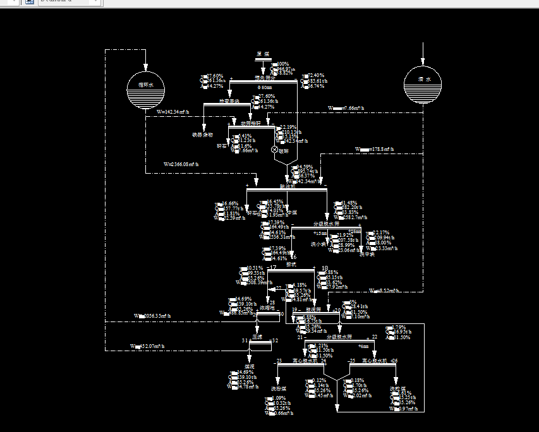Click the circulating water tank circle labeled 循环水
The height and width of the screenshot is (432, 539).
[145, 90]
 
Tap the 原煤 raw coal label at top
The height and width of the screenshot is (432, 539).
[263, 54]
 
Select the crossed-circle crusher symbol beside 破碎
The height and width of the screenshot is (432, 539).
[274, 150]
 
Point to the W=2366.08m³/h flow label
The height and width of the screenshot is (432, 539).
[181, 164]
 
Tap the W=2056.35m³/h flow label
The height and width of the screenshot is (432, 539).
[152, 315]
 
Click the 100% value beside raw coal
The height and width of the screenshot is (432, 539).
[282, 64]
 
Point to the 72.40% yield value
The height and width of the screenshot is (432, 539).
[316, 76]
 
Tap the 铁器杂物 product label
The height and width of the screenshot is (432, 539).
[202, 135]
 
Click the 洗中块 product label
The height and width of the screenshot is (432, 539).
[367, 255]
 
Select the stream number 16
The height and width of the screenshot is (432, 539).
[293, 257]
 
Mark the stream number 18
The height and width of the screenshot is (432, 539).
[325, 268]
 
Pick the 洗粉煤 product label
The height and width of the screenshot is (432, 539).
[279, 388]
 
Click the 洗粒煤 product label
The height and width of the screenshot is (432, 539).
[397, 388]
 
